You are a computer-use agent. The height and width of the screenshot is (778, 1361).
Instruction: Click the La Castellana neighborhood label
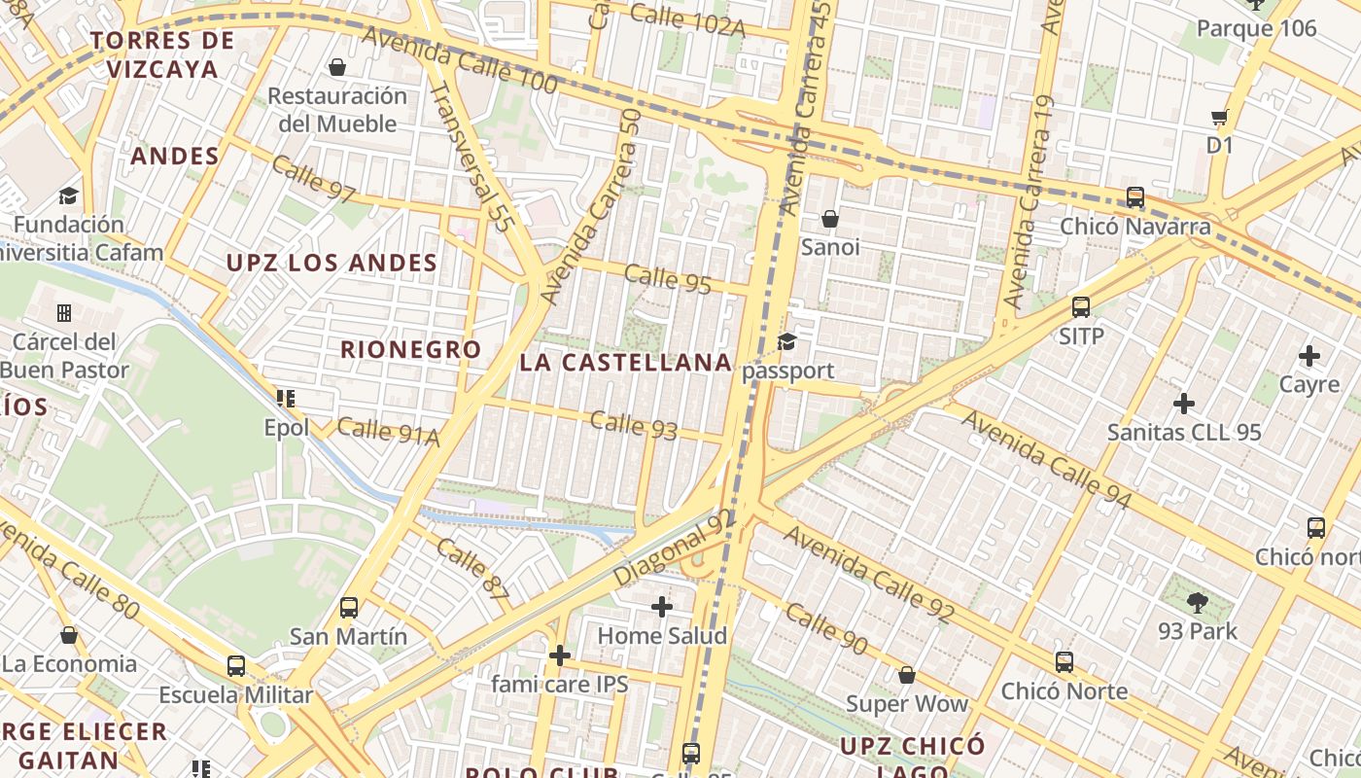[626, 363]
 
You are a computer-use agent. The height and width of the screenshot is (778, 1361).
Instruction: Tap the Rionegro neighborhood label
[410, 349]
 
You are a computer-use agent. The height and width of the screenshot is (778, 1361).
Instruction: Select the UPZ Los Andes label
[332, 263]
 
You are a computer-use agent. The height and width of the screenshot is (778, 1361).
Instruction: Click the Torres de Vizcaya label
[162, 54]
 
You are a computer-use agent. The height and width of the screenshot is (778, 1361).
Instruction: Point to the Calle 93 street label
[633, 425]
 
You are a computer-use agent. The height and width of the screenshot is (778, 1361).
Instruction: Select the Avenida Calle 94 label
[1047, 458]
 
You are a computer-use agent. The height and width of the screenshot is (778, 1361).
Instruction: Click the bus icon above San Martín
[349, 608]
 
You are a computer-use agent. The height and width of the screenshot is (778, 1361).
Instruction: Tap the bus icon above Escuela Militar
[236, 666]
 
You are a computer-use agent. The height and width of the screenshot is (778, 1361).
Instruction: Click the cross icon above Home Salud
[662, 607]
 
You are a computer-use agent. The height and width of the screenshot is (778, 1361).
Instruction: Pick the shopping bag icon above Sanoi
[830, 219]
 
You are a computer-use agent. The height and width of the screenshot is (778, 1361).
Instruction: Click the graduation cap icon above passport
[786, 342]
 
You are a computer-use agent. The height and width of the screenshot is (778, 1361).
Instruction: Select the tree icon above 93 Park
[1198, 603]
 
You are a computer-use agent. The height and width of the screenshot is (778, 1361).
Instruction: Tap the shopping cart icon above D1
[1219, 118]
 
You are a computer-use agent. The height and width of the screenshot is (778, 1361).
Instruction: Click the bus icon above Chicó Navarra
[1134, 197]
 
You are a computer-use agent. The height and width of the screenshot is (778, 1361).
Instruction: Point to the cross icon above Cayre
[1309, 356]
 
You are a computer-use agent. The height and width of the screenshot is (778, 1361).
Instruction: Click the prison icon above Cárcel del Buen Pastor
[64, 313]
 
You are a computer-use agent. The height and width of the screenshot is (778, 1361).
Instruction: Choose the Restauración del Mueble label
[337, 109]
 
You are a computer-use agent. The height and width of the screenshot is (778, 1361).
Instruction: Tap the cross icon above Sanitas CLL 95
[1184, 403]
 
